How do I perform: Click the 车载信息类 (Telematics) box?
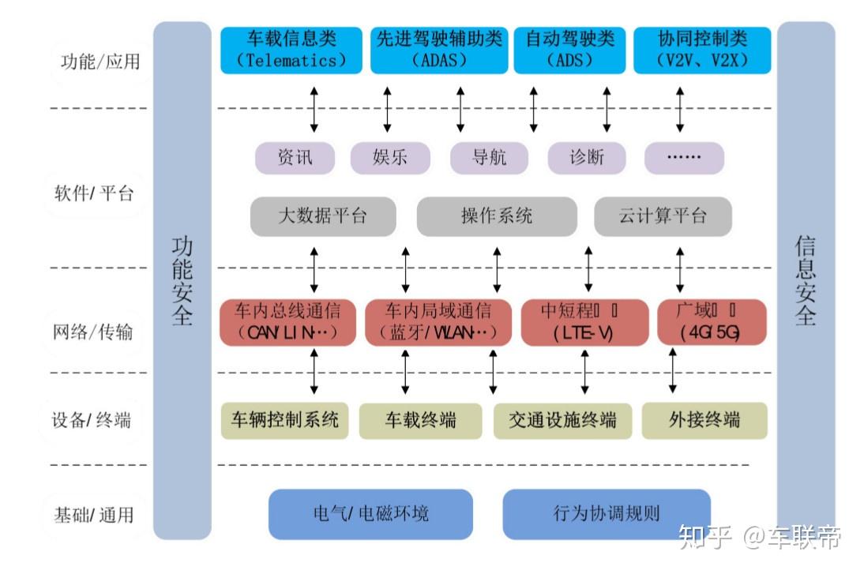click(x=291, y=50)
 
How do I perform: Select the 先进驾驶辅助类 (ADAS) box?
click(x=440, y=50)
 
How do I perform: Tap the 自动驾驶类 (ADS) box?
click(x=569, y=50)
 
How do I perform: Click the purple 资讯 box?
click(x=295, y=157)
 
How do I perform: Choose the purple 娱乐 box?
click(x=389, y=157)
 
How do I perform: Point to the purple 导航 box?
click(x=488, y=157)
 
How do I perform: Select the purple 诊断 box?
click(x=586, y=157)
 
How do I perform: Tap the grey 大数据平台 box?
click(x=322, y=216)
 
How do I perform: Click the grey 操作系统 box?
click(x=497, y=216)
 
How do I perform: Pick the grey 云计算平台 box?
click(x=663, y=216)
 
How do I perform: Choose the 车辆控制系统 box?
click(x=284, y=419)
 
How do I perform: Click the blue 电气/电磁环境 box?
click(x=370, y=514)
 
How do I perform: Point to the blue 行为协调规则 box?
click(x=606, y=514)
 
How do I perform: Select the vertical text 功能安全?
click(x=182, y=280)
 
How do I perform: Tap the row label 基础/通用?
click(x=93, y=516)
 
